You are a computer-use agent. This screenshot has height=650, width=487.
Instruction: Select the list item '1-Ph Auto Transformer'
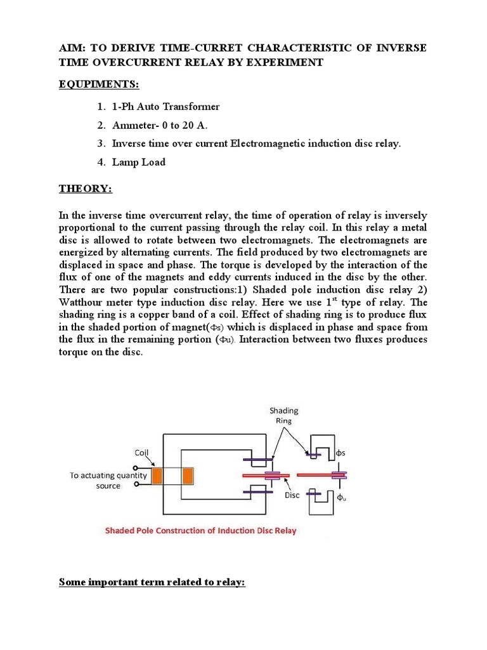click(x=166, y=107)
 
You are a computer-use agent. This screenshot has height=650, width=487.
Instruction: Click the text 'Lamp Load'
click(x=138, y=162)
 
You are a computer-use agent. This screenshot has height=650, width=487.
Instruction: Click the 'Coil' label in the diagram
click(x=143, y=453)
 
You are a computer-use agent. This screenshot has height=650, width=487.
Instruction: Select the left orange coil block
click(x=158, y=475)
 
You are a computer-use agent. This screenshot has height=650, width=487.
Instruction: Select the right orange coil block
click(x=188, y=475)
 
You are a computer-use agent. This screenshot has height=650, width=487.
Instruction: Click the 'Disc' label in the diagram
click(x=292, y=495)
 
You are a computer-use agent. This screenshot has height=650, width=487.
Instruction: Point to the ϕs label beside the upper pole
click(x=341, y=454)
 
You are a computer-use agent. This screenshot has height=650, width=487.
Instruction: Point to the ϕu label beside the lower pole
click(x=341, y=497)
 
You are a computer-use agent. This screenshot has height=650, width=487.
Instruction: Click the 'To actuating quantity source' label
click(x=108, y=480)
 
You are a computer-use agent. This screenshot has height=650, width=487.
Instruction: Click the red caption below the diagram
click(x=200, y=530)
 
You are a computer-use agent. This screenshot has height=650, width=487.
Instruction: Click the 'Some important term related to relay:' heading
click(x=152, y=581)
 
